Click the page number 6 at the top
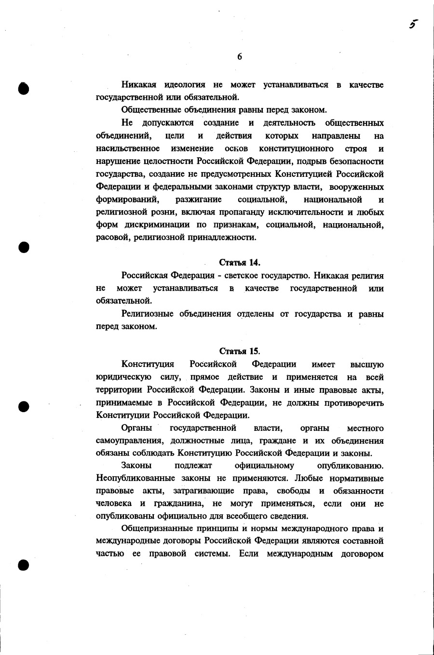[240, 56]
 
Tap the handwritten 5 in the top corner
[413, 25]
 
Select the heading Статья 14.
[240, 263]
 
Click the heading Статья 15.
[240, 351]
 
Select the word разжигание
[199, 199]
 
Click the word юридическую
[122, 377]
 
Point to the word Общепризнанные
[157, 528]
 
